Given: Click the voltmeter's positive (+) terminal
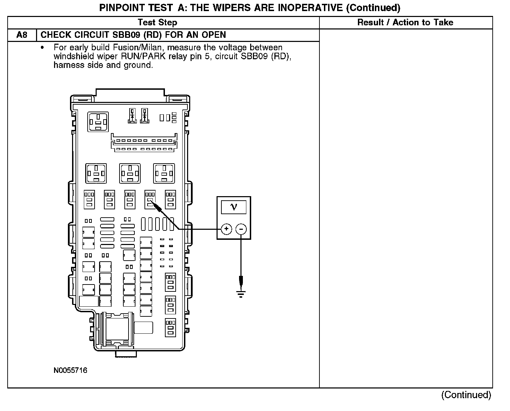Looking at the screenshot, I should (226, 229).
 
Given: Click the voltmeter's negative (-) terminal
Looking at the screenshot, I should (241, 229).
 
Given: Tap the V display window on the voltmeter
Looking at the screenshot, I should (234, 207).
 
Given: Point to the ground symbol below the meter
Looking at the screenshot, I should (241, 294).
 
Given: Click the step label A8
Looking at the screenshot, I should (22, 35).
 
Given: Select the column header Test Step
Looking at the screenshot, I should (157, 23).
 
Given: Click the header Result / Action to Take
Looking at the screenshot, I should (405, 23).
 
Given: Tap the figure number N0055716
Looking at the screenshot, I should (70, 370).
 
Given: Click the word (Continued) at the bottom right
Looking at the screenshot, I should (466, 395).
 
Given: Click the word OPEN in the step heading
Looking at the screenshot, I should (214, 35).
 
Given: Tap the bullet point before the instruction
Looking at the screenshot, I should (43, 47).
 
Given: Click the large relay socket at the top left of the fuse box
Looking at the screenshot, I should (99, 122).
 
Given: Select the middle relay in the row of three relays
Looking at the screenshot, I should (130, 173).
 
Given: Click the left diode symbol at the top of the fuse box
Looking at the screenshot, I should (132, 116).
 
